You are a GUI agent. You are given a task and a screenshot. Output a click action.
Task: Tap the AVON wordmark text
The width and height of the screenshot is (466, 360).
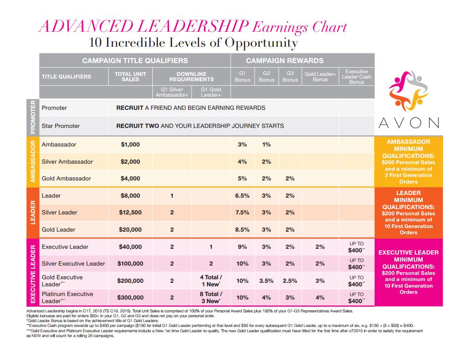point(408,123)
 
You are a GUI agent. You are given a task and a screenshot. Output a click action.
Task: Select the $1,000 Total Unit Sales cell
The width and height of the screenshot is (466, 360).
point(130,145)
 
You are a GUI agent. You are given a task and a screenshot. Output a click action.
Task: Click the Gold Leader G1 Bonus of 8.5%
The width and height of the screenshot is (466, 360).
point(242,229)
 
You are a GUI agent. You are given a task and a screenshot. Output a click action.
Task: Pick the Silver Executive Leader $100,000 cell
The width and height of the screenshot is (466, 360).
point(130,264)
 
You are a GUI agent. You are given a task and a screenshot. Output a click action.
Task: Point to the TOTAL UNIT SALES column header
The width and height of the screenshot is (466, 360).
point(130,76)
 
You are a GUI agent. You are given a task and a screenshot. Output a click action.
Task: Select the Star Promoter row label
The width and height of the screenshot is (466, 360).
point(61,126)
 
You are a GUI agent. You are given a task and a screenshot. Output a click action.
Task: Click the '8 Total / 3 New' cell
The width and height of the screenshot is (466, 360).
point(211,297)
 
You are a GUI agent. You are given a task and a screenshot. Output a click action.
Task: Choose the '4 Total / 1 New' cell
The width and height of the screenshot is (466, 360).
point(211,281)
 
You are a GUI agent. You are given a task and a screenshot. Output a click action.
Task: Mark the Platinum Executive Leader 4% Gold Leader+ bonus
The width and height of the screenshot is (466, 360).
point(320,298)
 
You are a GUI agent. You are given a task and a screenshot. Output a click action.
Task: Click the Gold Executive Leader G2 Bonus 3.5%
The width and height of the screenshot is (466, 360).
point(267,281)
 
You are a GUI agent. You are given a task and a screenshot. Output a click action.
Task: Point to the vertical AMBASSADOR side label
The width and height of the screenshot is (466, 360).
point(33,161)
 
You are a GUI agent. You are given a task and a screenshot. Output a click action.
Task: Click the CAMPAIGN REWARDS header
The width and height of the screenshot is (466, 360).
point(285,60)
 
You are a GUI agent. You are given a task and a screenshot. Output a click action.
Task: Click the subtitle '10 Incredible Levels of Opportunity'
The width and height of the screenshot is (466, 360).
point(193,43)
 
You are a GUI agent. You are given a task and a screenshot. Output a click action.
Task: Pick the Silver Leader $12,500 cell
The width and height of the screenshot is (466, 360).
point(130,213)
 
